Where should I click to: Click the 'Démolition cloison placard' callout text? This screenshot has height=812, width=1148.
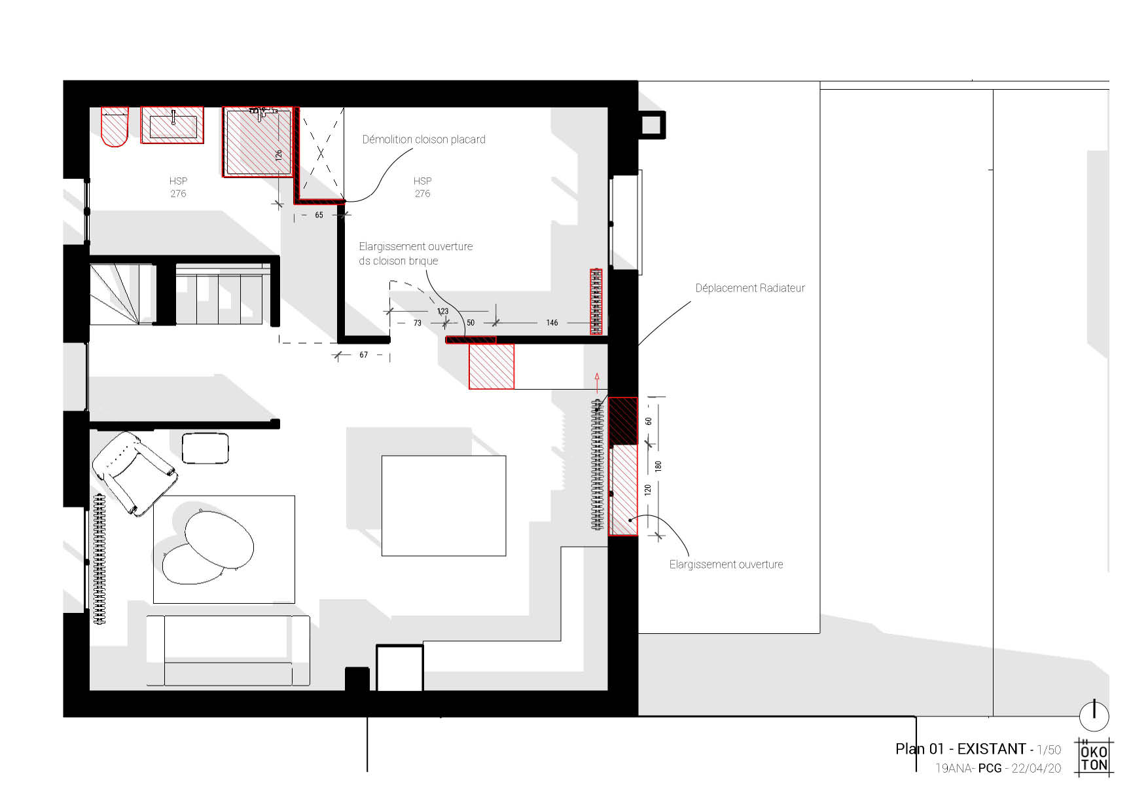click(423, 139)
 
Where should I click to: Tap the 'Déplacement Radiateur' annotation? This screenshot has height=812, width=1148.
click(750, 288)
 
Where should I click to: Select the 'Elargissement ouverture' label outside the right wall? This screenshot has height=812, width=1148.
click(726, 564)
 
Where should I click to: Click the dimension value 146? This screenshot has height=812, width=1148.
click(552, 323)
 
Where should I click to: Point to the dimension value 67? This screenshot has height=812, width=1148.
click(364, 355)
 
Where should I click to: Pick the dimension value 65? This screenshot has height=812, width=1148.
click(319, 215)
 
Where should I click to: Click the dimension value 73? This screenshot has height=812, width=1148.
click(418, 323)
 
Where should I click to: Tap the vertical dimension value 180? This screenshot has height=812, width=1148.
click(658, 466)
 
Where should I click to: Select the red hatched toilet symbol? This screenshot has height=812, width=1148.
click(115, 127)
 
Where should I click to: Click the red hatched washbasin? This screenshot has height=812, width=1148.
click(173, 125)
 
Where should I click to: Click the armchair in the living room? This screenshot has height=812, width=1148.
click(135, 473)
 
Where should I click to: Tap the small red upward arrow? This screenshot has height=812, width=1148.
click(597, 382)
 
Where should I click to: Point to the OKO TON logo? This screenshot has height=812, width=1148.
click(1094, 758)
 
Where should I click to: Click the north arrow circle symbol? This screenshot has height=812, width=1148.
click(1094, 715)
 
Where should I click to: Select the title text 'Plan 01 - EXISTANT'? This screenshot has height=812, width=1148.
click(960, 749)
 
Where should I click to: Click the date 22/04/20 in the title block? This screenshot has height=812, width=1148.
click(1036, 769)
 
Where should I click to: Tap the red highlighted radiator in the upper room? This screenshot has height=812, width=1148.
click(596, 302)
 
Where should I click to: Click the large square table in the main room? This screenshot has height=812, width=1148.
click(444, 506)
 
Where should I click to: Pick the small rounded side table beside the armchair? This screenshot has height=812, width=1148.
click(206, 449)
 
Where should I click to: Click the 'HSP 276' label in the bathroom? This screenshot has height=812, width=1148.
click(178, 187)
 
